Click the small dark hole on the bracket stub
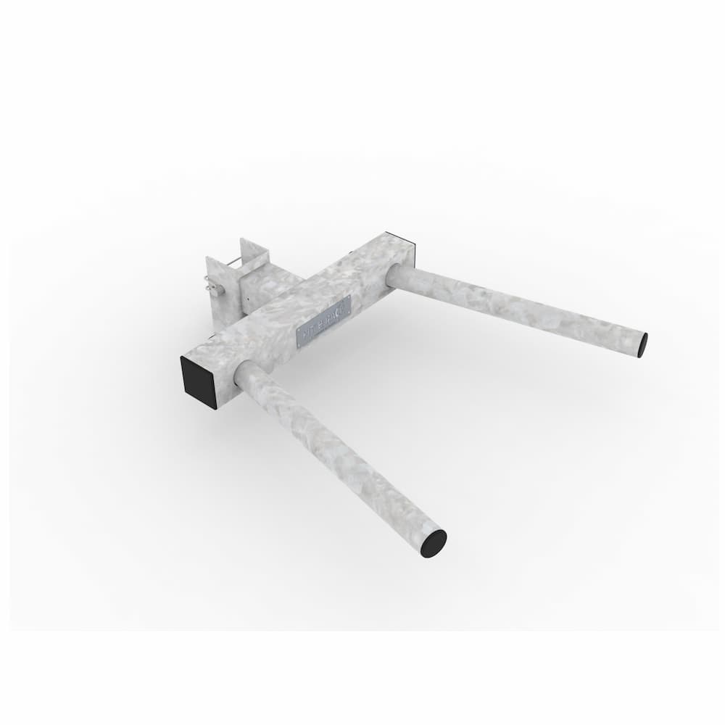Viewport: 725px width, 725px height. [x=247, y=298]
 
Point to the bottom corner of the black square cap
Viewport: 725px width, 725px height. [x=215, y=407]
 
